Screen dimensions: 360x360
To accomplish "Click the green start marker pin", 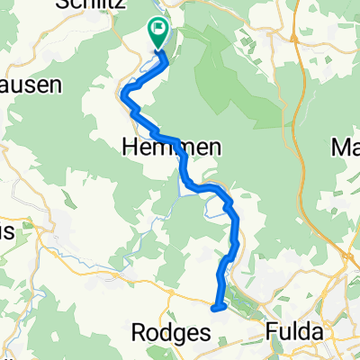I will pyautogui.click(x=157, y=34).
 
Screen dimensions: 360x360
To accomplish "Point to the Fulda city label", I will pyautogui.click(x=294, y=332).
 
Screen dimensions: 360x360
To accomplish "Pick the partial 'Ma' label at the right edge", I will pyautogui.click(x=346, y=147).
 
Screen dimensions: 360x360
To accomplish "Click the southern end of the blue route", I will pyautogui.click(x=215, y=308).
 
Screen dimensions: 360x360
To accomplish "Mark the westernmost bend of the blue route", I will pyautogui.click(x=122, y=94).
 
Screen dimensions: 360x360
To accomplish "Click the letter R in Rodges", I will pyautogui.click(x=139, y=332).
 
